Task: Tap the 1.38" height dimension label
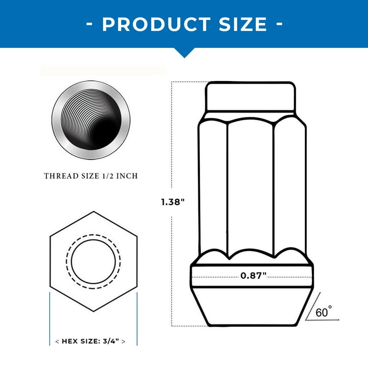pos(173,202)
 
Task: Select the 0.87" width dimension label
pos(253,275)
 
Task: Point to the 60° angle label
pos(324,312)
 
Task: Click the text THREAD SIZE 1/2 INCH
pos(91,176)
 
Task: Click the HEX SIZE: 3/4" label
pos(91,342)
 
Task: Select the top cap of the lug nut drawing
pos(250,96)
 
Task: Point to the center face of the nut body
pos(250,187)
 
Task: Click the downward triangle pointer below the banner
pos(184,52)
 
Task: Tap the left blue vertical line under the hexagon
pos(50,319)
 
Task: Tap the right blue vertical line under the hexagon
pos(138,319)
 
